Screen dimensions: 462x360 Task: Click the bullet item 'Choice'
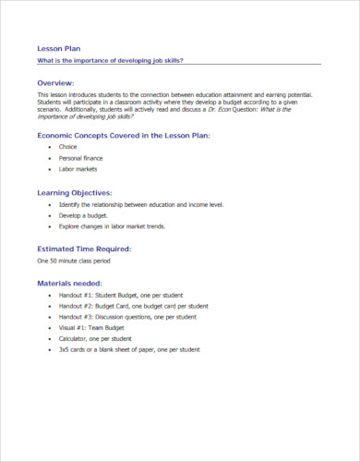tap(67, 147)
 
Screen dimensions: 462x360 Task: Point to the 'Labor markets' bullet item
tap(78, 169)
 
